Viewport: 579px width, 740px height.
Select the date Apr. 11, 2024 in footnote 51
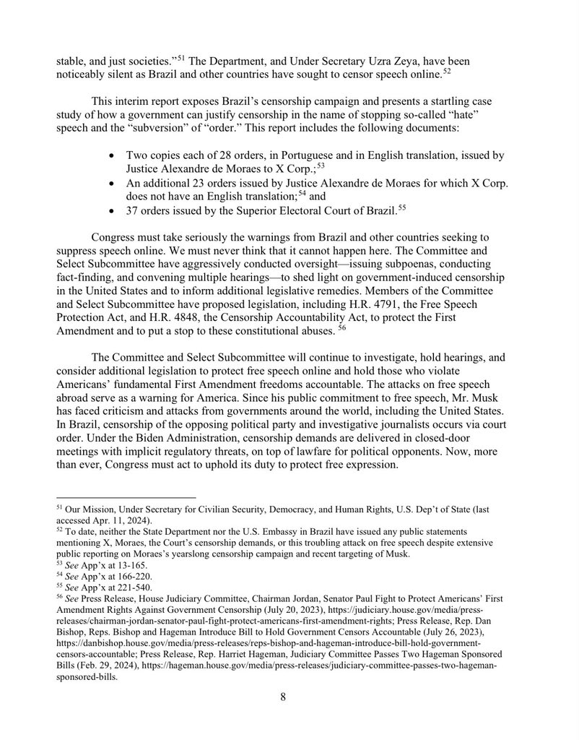111,519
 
